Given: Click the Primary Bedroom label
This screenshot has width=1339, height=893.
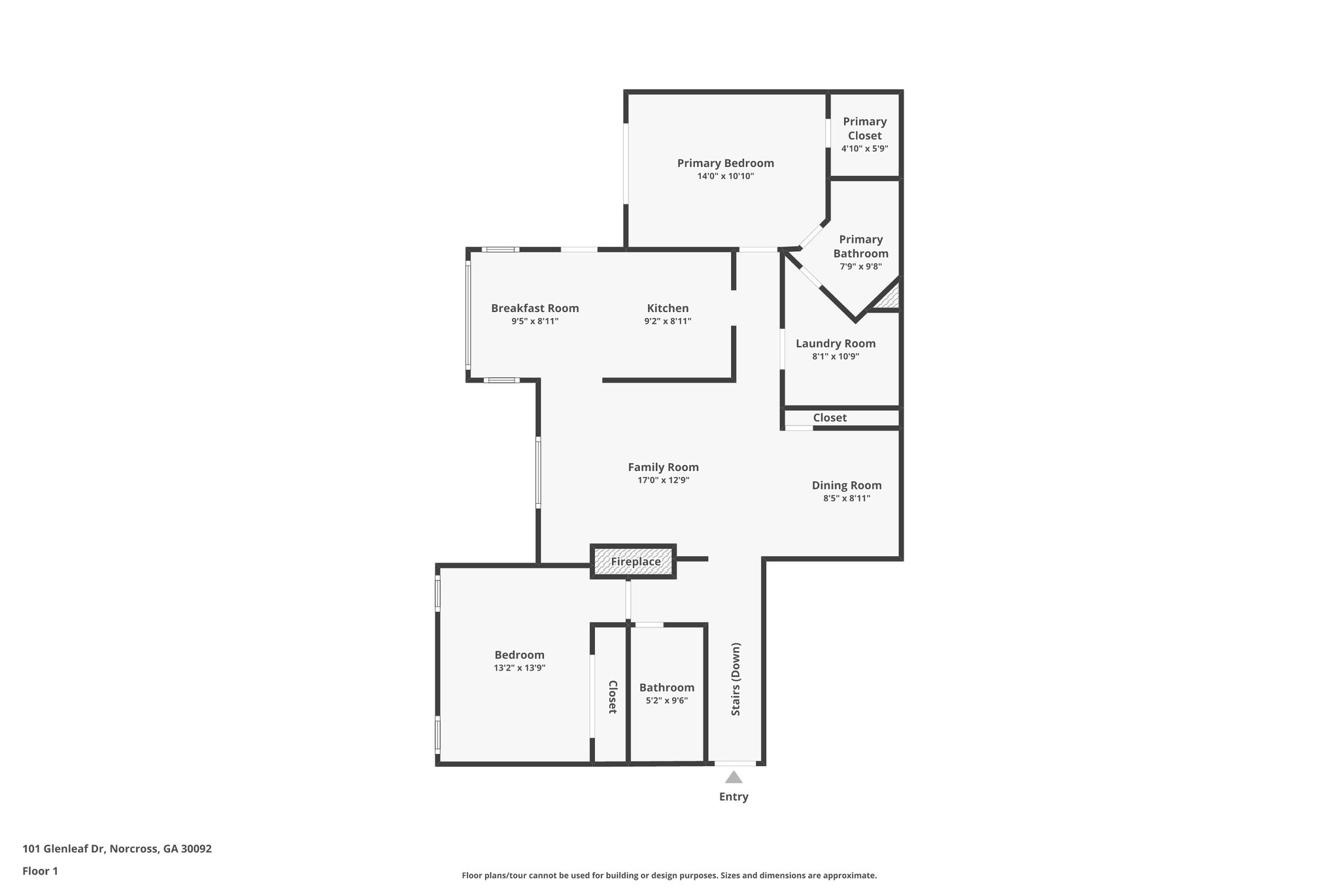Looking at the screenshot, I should pos(725,163).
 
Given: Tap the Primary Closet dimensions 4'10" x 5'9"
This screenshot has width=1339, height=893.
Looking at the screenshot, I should pos(864,149).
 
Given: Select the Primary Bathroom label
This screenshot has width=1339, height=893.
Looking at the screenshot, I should pos(860,246).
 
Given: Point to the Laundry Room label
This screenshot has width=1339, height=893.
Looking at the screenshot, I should pos(836,343).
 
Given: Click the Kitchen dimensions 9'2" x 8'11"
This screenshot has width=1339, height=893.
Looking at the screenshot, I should pos(668,321).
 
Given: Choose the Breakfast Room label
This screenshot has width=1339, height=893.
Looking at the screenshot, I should pos(535,308).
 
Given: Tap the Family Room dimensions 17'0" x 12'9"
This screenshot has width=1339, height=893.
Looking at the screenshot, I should pos(663,480).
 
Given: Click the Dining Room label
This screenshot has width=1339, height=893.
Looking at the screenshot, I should pos(847,485).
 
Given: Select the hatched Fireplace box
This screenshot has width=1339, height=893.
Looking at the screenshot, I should pos(634,561).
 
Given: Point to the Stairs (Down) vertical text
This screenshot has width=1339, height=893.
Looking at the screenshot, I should pos(736,679).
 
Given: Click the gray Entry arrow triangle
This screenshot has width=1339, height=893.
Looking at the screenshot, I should pos(734,778).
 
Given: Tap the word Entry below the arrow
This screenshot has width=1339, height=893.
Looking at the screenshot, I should pos(734,797).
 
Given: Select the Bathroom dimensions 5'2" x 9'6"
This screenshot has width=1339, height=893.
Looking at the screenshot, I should pos(666,701).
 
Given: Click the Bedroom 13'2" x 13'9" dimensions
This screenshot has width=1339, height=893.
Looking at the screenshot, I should pos(519,668).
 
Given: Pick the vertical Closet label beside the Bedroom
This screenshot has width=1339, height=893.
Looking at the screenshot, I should pos(612,697).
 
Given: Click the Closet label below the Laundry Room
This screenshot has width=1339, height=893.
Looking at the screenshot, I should pos(830,417).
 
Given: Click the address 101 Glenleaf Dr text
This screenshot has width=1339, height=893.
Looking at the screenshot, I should pos(117,849).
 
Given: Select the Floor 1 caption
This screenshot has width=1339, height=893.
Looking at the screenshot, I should pos(41,871).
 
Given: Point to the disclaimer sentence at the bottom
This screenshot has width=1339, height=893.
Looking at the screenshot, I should pos(669,875).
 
